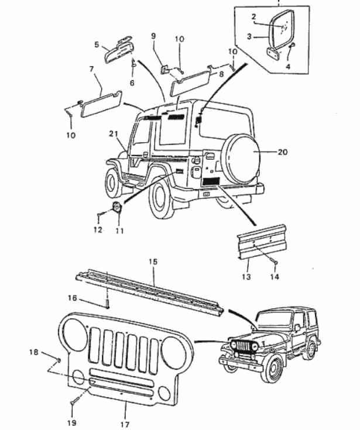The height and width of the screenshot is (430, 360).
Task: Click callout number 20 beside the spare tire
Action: coord(283,152)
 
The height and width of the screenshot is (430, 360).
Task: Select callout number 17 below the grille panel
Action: coord(125,425)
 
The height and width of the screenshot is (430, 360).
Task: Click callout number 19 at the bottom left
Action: coord(73,423)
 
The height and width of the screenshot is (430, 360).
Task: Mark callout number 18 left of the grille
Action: coord(35,352)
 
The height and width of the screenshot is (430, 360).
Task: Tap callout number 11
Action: coord(119,231)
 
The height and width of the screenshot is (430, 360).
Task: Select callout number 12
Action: coord(98,230)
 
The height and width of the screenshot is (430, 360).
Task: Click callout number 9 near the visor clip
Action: coord(153,36)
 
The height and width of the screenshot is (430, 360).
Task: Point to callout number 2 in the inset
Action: coord(253,16)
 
